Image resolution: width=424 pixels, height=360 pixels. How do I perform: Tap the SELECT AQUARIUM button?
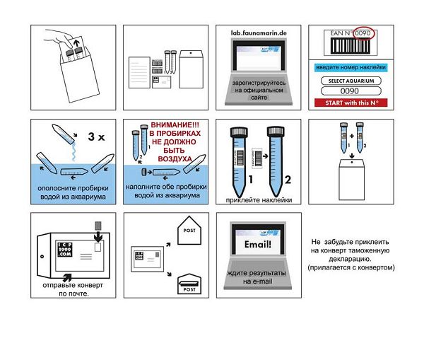coord(350,81)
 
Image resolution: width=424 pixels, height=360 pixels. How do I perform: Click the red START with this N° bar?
coord(350,103)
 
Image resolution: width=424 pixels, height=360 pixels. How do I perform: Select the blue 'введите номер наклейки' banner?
coord(350,67)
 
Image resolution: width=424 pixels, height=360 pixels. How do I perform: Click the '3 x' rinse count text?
coord(95,137)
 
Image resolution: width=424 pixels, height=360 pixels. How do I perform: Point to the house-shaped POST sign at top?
coord(189,229)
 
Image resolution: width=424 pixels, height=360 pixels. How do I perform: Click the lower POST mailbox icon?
coord(189,286)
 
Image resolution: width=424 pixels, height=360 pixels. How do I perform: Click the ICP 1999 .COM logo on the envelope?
coord(61,251)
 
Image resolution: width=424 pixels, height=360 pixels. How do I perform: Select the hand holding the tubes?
coord(66,41)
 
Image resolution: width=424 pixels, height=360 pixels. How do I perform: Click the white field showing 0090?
coord(350,91)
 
